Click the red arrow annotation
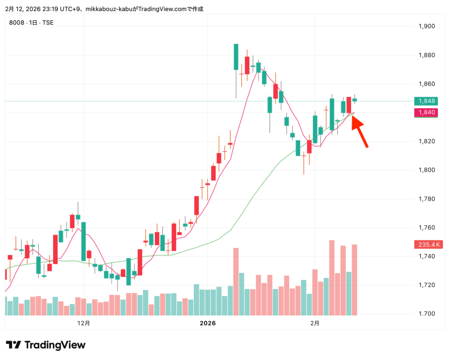(359, 131)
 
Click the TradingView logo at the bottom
(46, 345)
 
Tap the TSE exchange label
(48, 22)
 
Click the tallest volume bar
(332, 277)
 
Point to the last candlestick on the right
(354, 100)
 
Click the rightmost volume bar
(354, 280)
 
